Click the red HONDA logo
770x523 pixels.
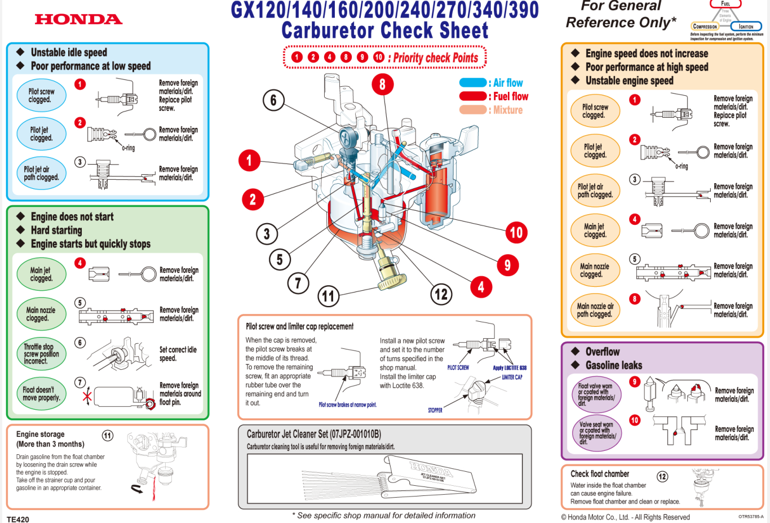[78, 19]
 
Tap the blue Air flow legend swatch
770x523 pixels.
[472, 83]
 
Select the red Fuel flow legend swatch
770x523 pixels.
[472, 96]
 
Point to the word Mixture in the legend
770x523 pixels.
[508, 110]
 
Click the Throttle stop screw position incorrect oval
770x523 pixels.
[41, 354]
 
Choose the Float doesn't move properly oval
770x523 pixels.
[41, 393]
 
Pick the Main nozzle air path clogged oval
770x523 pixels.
[595, 310]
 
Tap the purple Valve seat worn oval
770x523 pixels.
[596, 433]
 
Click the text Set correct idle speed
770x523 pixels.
[178, 354]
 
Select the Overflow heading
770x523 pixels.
[602, 352]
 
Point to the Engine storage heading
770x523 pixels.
[41, 435]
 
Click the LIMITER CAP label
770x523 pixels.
[512, 377]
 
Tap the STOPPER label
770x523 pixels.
[435, 410]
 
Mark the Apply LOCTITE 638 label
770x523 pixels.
[510, 368]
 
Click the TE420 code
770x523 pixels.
[18, 519]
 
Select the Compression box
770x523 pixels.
[705, 26]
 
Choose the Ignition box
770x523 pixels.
[746, 26]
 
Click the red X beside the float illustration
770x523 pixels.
[87, 397]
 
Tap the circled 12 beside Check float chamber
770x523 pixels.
[662, 476]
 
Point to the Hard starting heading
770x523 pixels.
[56, 231]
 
